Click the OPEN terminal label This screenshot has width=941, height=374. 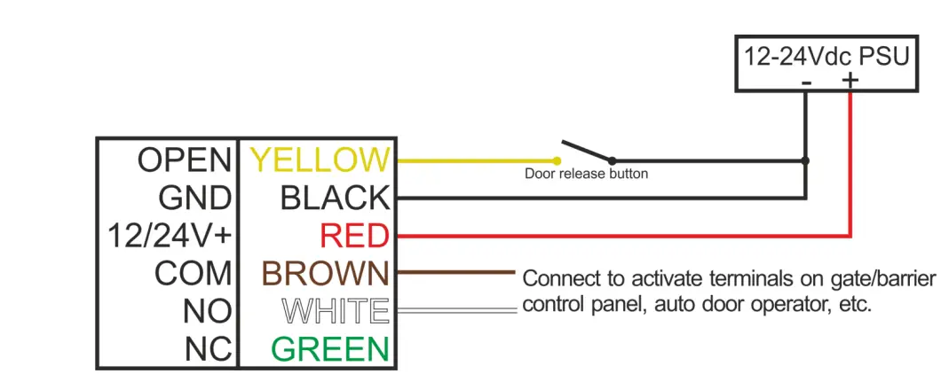coord(184,160)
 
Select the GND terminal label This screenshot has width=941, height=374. coord(194,198)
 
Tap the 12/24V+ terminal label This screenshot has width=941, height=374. coord(169,236)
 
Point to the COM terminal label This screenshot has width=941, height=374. coord(193,273)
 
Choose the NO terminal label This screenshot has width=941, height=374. coord(207,311)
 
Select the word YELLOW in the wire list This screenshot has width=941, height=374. coord(320,160)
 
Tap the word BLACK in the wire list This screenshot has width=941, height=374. coord(335,198)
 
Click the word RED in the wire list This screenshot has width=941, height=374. coord(354,236)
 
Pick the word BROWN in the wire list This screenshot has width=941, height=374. coord(325,273)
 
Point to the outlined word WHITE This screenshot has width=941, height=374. coord(335,311)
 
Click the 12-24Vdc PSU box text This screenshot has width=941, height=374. coord(826,58)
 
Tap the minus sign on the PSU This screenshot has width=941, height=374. coord(806,82)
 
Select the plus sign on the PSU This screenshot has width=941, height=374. coord(850,81)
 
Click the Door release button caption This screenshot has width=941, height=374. coord(586,174)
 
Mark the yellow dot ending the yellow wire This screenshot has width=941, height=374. coord(557,161)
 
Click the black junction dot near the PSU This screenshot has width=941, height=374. coord(805,161)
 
